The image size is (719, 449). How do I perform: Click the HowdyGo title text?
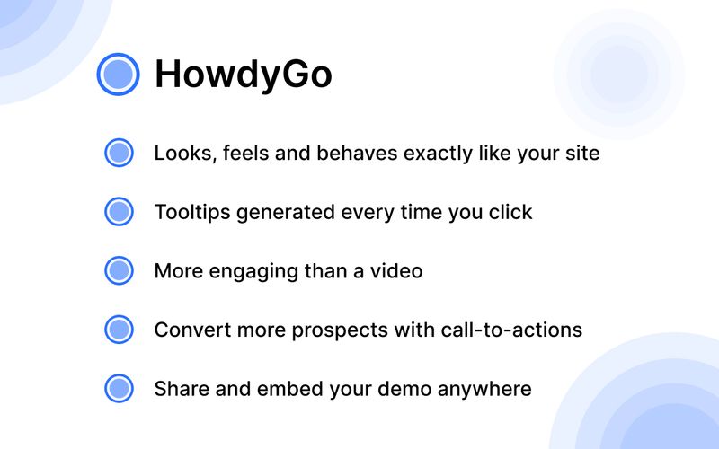(x=243, y=75)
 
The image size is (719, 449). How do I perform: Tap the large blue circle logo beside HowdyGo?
(x=118, y=74)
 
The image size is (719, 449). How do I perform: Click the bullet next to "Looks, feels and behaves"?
(x=119, y=153)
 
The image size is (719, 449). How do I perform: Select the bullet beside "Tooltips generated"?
(x=119, y=212)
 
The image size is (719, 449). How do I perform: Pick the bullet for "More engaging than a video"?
(x=119, y=270)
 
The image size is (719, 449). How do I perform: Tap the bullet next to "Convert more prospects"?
(x=119, y=330)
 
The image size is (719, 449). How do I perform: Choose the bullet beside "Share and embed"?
(x=119, y=389)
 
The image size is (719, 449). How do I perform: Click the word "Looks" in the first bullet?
(x=180, y=153)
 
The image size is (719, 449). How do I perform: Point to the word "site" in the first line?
(x=581, y=153)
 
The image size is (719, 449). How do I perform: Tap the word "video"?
(x=395, y=270)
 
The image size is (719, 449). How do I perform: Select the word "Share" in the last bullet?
(x=179, y=389)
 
